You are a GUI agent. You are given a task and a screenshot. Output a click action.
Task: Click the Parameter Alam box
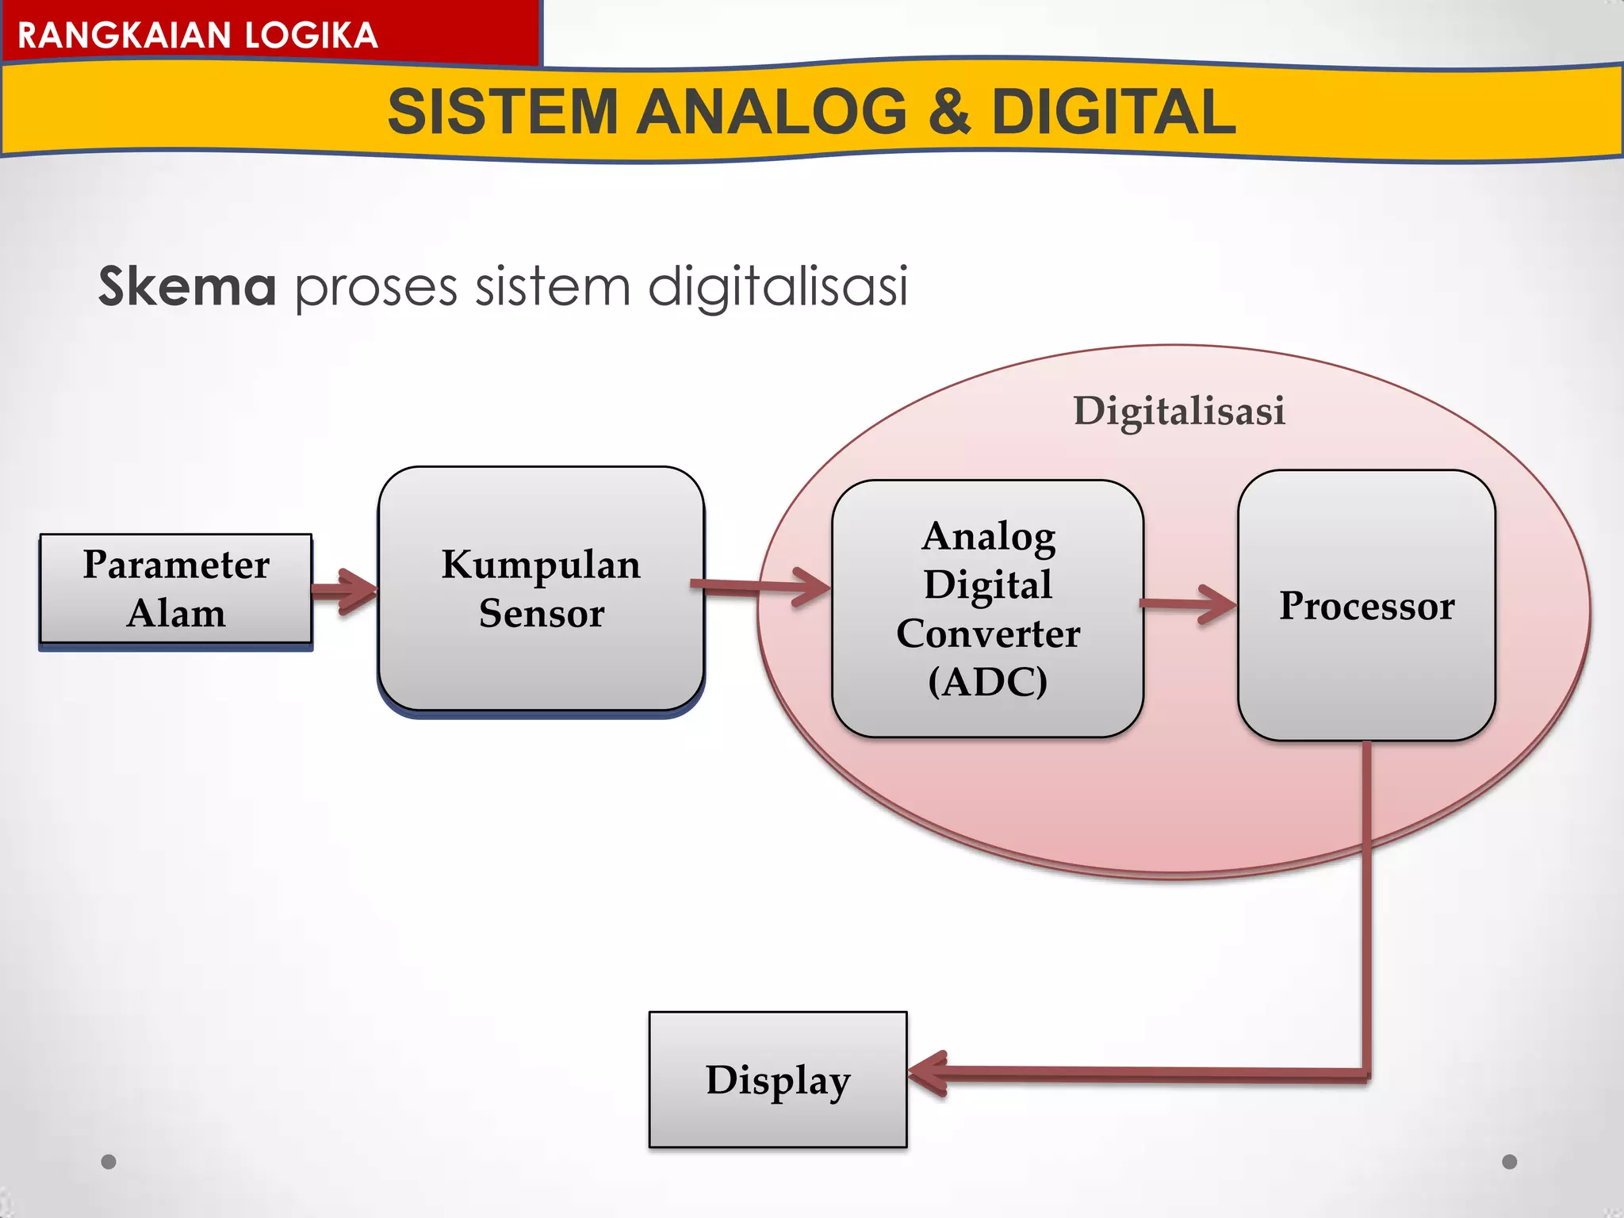[175, 588]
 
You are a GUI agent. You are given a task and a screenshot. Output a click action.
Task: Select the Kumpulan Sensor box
[541, 588]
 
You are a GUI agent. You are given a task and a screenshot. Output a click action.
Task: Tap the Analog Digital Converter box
[987, 608]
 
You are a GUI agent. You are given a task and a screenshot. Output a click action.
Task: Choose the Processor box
[1366, 605]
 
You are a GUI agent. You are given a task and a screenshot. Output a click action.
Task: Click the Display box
[777, 1079]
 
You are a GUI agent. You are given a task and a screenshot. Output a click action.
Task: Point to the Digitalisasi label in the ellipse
[1178, 411]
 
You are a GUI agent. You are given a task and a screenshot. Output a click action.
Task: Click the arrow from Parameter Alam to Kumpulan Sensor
[346, 591]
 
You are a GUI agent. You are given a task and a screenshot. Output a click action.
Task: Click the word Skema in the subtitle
[187, 286]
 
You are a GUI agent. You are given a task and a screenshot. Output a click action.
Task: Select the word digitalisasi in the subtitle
[778, 287]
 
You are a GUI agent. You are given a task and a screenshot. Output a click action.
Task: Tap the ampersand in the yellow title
[948, 112]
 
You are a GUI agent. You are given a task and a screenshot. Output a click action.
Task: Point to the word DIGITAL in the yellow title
[1113, 112]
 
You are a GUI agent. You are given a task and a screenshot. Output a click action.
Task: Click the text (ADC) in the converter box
[987, 681]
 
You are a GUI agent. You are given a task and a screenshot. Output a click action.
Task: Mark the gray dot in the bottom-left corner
[109, 1162]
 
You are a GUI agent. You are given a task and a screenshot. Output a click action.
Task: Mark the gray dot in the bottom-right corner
[1510, 1162]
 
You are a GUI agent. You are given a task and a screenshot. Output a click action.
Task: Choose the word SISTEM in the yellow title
[503, 112]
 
